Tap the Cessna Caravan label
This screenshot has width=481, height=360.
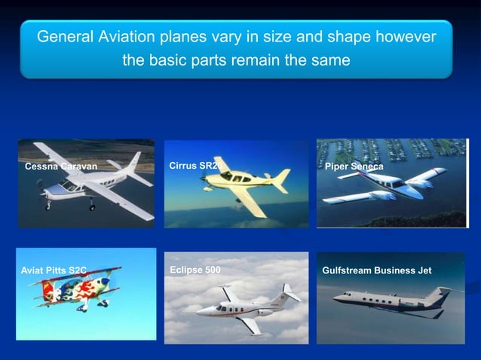coord(61,166)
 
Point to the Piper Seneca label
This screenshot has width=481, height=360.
coord(354,166)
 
